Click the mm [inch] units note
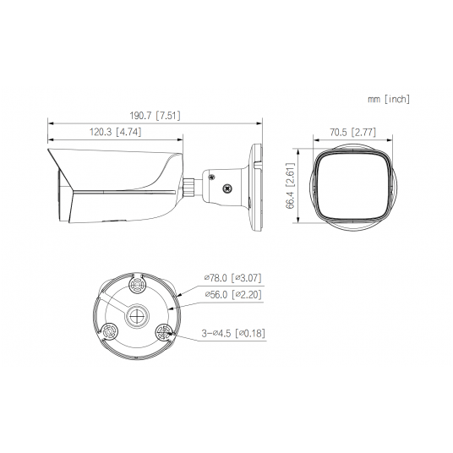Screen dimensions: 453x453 tap(388, 100)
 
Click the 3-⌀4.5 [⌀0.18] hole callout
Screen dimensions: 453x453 tap(234, 333)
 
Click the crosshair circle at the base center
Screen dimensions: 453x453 tap(136, 315)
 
